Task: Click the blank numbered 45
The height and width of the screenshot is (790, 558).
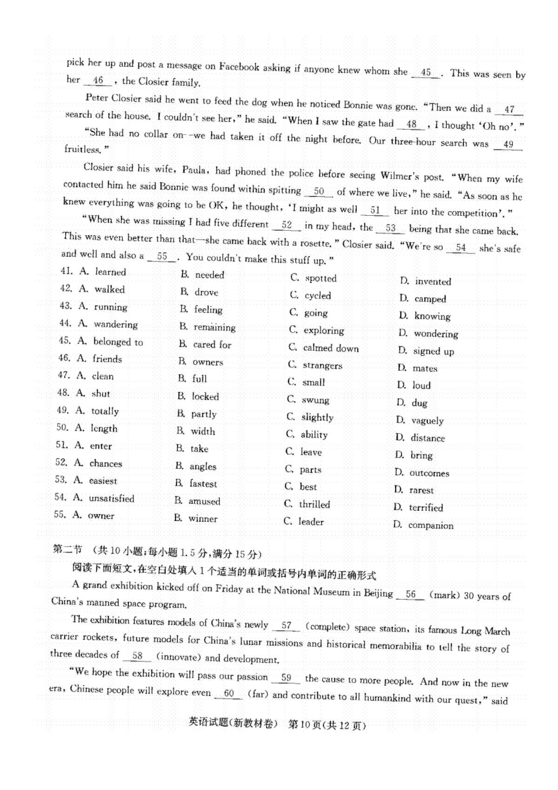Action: (425, 73)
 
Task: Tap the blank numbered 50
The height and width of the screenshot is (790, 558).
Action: (319, 192)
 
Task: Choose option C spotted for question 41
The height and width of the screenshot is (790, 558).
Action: (320, 278)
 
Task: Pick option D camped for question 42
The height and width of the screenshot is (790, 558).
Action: (430, 299)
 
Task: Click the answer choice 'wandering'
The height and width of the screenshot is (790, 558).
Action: (115, 324)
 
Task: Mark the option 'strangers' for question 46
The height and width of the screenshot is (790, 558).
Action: (322, 366)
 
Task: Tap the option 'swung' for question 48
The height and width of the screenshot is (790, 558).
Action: (315, 400)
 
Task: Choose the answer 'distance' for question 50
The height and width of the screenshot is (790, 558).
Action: (427, 438)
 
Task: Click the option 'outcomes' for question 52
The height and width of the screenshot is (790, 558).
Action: (429, 473)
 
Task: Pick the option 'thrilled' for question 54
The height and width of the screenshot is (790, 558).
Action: (314, 504)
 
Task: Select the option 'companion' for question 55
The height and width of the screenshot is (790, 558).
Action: (430, 526)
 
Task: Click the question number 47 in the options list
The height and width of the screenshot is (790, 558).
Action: (64, 375)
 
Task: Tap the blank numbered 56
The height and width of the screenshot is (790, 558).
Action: (411, 595)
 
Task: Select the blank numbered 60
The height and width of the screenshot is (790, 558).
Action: (229, 694)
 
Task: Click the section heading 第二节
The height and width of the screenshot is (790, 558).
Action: (67, 550)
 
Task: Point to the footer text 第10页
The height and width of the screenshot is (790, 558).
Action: (305, 724)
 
